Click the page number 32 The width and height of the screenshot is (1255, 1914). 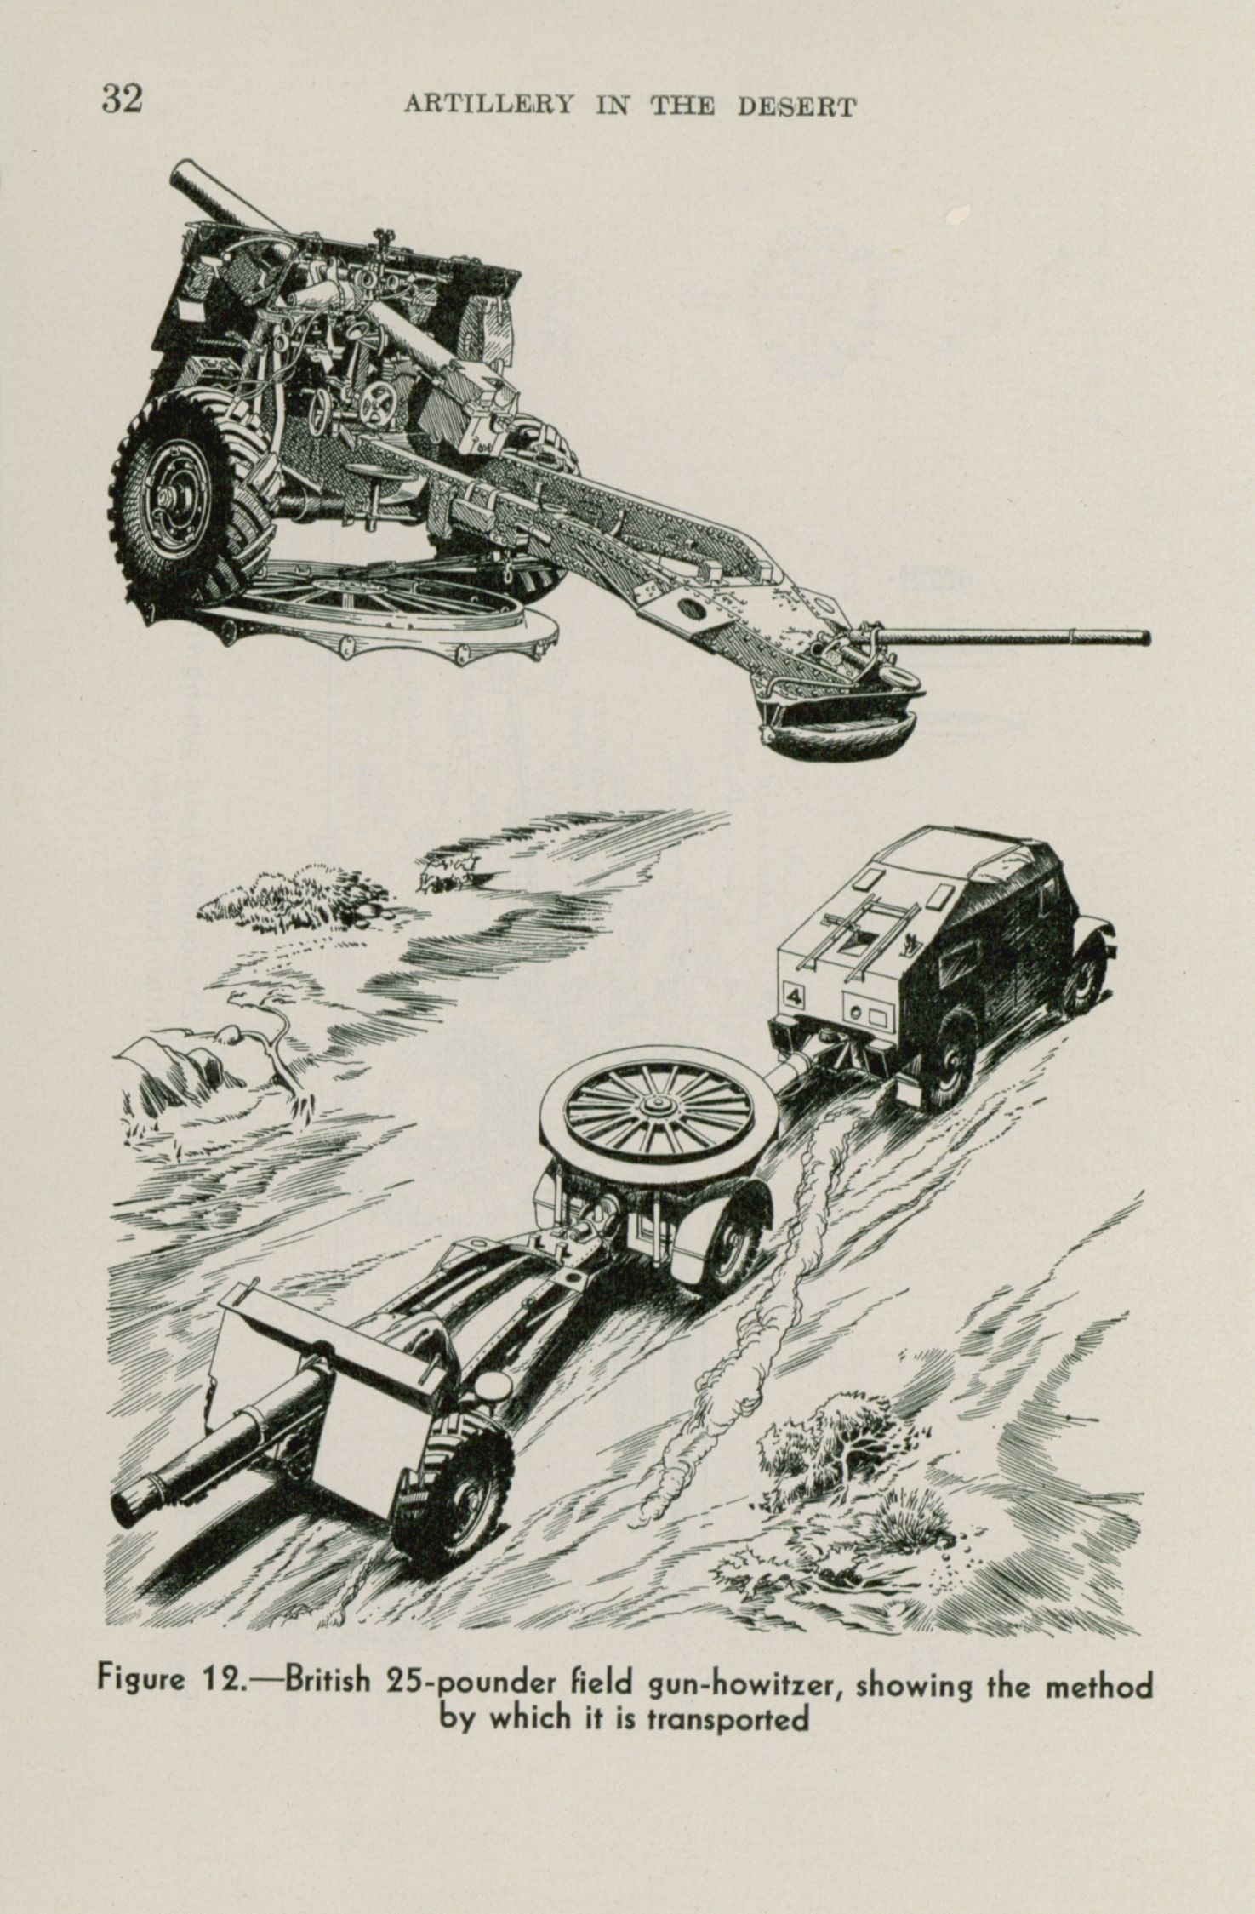click(122, 100)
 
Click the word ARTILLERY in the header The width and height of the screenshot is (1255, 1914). click(488, 106)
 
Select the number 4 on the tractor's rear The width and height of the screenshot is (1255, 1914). click(796, 995)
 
